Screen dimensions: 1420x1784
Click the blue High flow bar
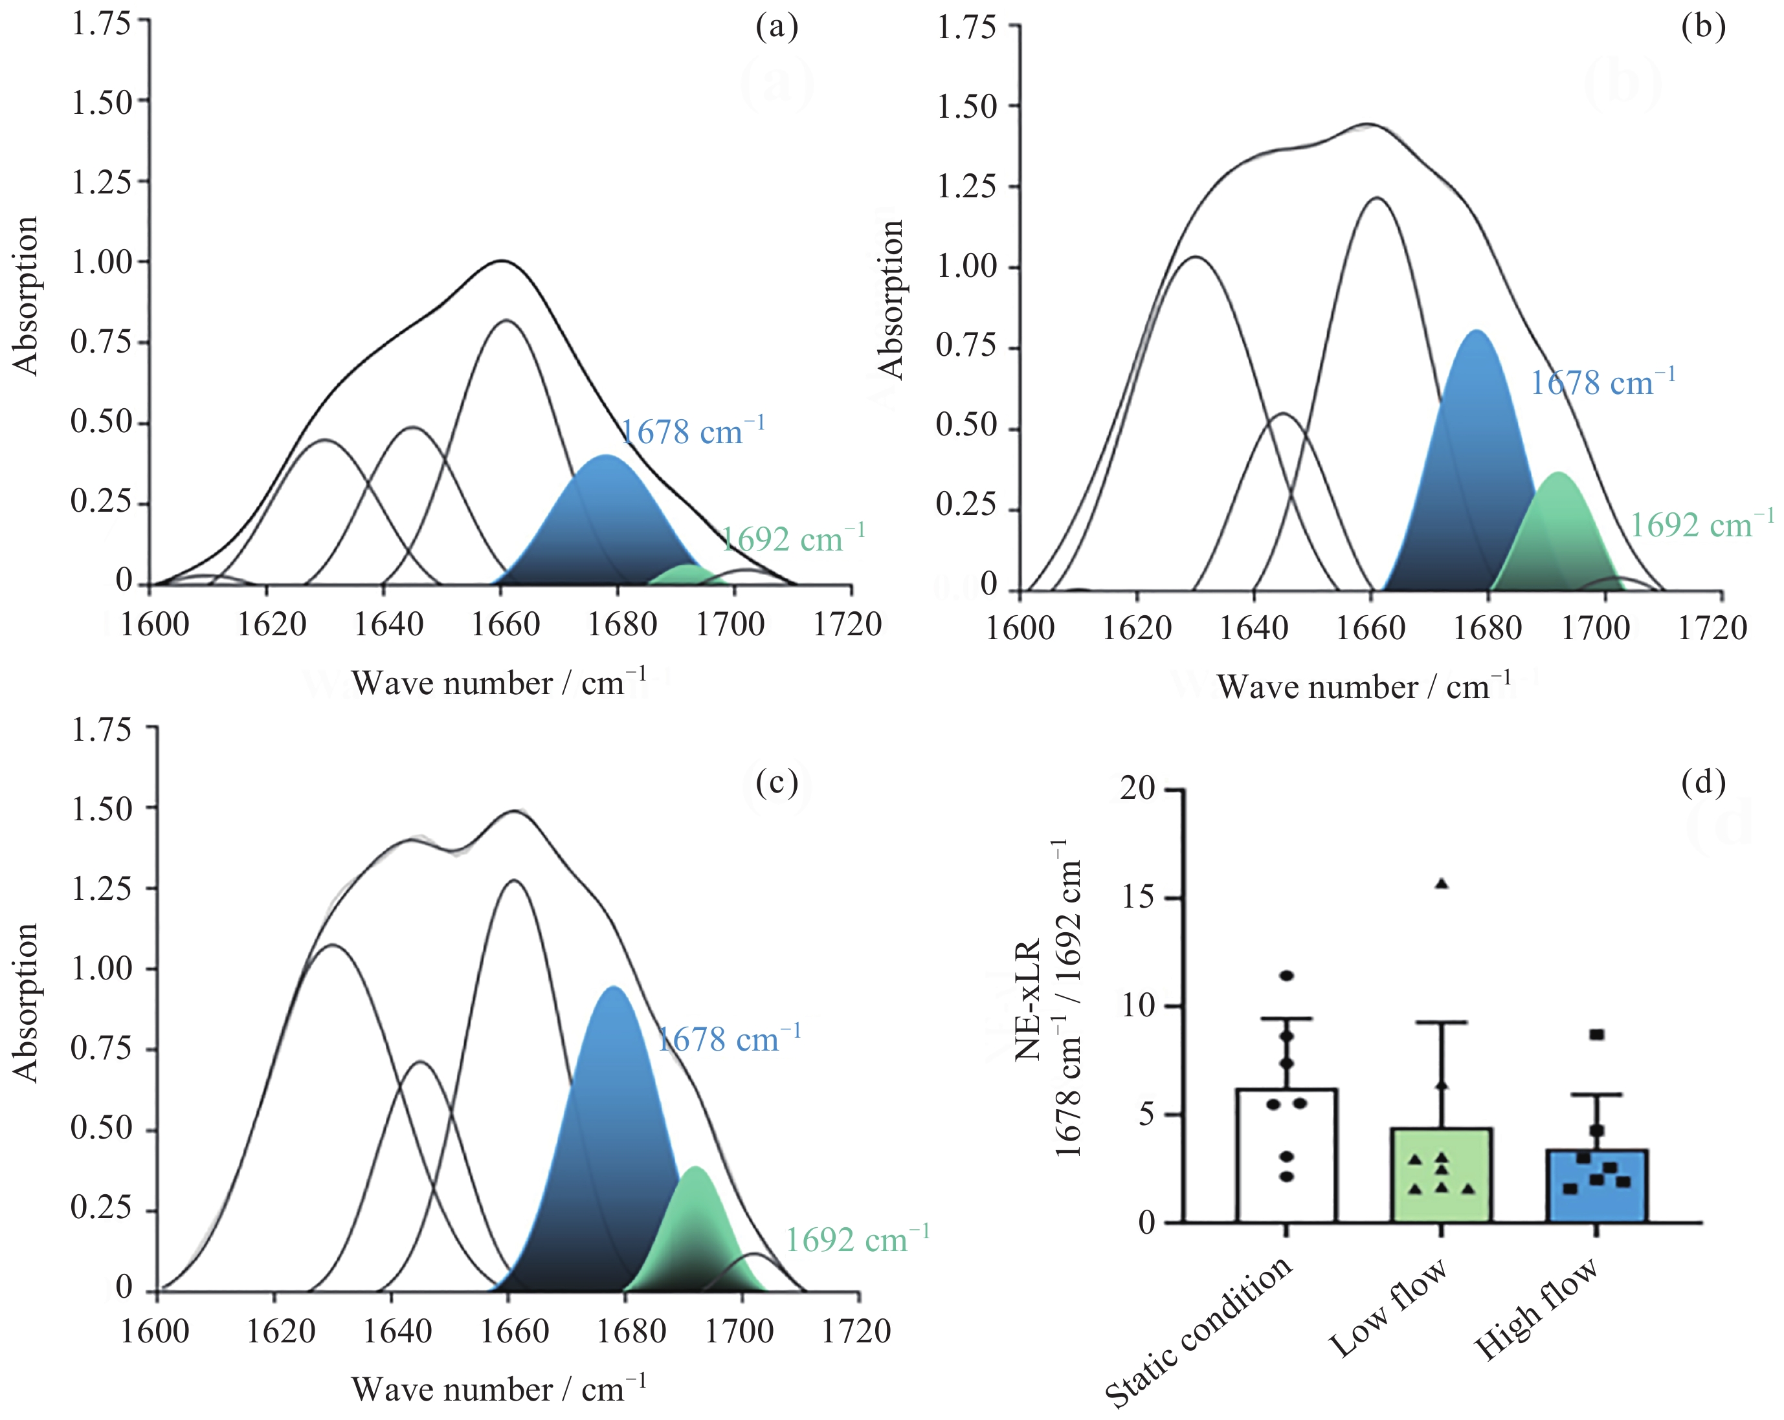(1596, 1186)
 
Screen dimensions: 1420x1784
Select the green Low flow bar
(1442, 1175)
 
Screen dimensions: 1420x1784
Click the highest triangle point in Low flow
(1442, 883)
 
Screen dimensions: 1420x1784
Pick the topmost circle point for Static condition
(1287, 976)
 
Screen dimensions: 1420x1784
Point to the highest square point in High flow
(1596, 1034)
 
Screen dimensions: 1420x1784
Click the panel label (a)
(777, 27)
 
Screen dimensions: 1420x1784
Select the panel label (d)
(1703, 781)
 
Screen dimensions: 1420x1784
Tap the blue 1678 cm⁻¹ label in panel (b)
(1602, 382)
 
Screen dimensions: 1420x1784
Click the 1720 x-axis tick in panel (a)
(847, 624)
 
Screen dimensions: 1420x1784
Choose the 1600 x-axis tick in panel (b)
(1020, 628)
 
